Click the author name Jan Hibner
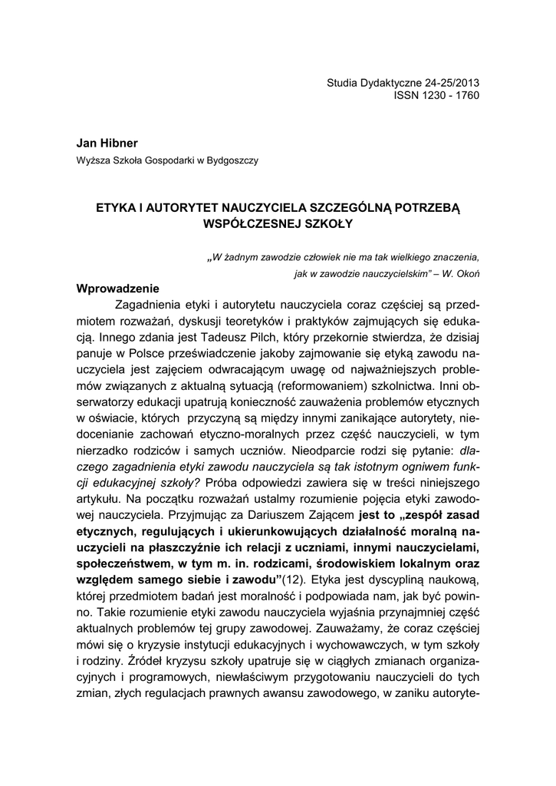[107, 144]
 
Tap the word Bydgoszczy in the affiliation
[234, 161]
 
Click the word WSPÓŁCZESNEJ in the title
[243, 224]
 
